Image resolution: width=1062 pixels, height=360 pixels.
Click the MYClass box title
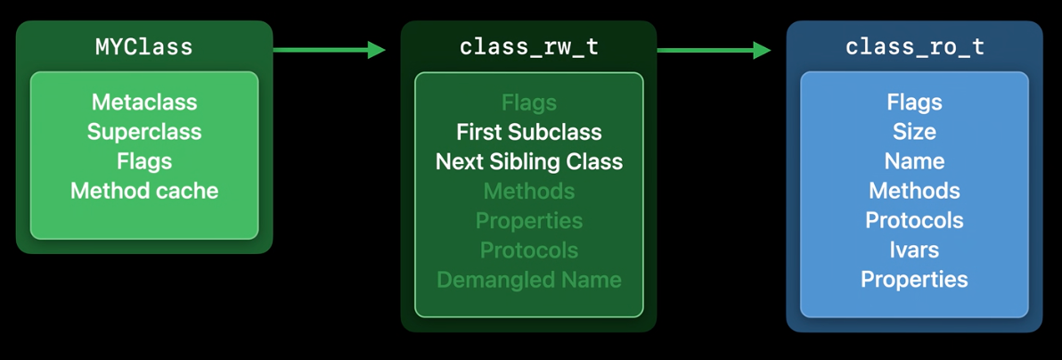pyautogui.click(x=144, y=46)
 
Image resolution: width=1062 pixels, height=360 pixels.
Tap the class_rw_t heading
pyautogui.click(x=529, y=47)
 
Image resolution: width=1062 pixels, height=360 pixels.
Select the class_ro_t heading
pyautogui.click(x=914, y=47)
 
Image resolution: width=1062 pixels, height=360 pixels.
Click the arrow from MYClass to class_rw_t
pyautogui.click(x=329, y=50)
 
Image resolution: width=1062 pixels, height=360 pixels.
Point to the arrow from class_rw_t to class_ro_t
pyautogui.click(x=715, y=50)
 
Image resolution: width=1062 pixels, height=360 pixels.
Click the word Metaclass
pyautogui.click(x=144, y=102)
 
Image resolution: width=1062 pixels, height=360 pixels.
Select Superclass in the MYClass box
pyautogui.click(x=144, y=132)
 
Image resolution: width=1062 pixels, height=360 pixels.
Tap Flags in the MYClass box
pyautogui.click(x=144, y=161)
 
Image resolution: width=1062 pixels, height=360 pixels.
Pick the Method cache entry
pyautogui.click(x=144, y=191)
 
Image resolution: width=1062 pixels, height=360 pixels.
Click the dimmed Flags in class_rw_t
pyautogui.click(x=529, y=103)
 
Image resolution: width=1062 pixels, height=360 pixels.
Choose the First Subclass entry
pyautogui.click(x=529, y=132)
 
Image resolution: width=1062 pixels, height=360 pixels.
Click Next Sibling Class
pyautogui.click(x=529, y=161)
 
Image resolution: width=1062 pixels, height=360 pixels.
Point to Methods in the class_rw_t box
pyautogui.click(x=529, y=192)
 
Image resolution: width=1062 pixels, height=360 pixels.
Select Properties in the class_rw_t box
pyautogui.click(x=529, y=221)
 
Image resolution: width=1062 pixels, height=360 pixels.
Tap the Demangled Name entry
pyautogui.click(x=529, y=279)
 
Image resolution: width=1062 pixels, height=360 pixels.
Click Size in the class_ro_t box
pyautogui.click(x=914, y=132)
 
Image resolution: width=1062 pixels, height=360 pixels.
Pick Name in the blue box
pyautogui.click(x=914, y=161)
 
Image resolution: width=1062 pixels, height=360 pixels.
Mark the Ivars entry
pyautogui.click(x=914, y=250)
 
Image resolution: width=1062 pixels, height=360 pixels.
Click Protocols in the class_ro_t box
pyautogui.click(x=914, y=220)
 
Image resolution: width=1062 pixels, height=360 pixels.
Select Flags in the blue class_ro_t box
pyautogui.click(x=914, y=103)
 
